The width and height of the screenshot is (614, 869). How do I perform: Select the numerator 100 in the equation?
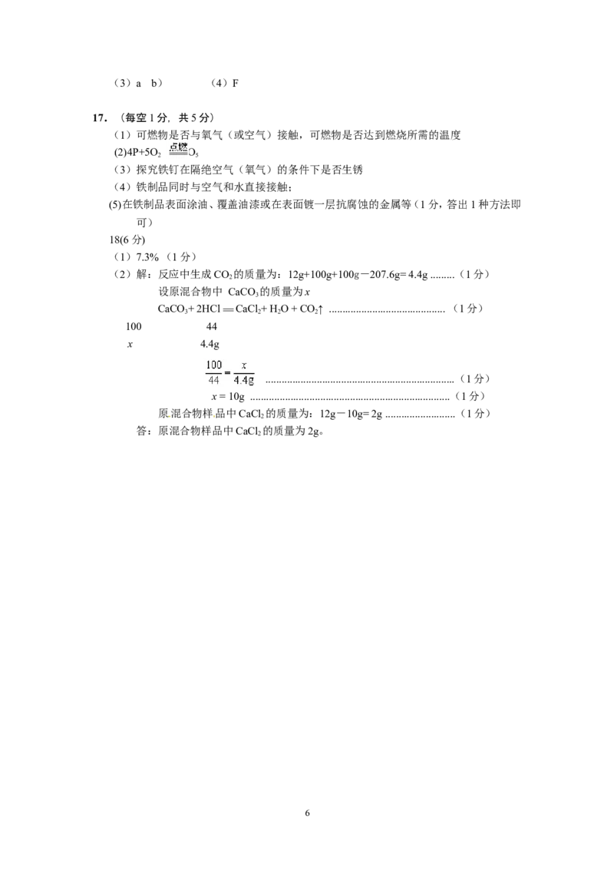coord(213,364)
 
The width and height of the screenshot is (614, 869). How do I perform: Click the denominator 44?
coord(213,379)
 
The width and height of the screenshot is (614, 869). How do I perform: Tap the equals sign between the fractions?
coord(227,372)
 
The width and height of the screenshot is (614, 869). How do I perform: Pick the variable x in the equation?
coord(243,365)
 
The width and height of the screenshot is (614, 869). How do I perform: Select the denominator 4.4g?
coord(244,380)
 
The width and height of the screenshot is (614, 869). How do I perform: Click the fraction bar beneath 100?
coord(213,372)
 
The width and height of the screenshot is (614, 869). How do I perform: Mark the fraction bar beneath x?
coord(244,372)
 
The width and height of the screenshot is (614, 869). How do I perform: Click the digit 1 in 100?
coord(208,364)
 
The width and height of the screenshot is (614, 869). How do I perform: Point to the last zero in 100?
coord(219,364)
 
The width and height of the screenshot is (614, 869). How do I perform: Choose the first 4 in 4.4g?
coord(237,380)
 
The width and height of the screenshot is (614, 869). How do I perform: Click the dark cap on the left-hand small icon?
coord(169,414)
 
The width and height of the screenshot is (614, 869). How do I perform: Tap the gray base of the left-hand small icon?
coord(169,421)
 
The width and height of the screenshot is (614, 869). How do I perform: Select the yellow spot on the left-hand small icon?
coord(170,417)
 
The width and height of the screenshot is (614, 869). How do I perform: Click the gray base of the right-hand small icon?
coord(212,421)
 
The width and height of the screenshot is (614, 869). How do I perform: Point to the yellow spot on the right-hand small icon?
coord(214,415)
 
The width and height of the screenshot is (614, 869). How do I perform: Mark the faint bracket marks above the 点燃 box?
coord(178,137)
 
